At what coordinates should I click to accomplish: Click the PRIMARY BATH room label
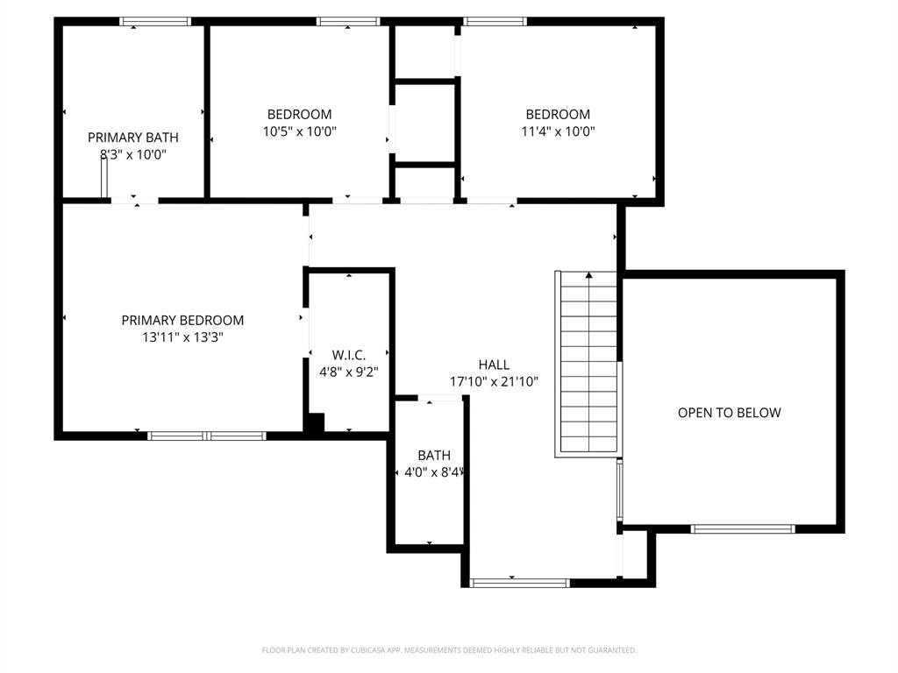coord(132,138)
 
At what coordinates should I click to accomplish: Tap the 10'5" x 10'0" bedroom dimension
coord(299,131)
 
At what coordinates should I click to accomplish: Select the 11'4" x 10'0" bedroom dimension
coord(558,131)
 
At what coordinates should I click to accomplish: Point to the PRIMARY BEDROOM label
coord(182,321)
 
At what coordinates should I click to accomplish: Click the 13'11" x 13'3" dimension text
coord(182,337)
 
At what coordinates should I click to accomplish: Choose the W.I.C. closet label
coord(348,355)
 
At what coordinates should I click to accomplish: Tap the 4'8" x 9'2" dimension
coord(348,372)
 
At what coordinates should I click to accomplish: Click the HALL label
coord(494,365)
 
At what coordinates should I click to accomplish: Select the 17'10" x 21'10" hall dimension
coord(494,382)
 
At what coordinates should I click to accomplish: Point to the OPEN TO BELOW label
coord(729,413)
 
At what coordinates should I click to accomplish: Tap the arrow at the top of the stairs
coord(588,276)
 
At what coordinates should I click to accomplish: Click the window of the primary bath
coord(155,21)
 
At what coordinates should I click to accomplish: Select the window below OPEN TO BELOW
coord(743,528)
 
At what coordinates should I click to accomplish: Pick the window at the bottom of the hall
coord(519,582)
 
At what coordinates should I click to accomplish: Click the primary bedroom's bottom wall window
coord(207,435)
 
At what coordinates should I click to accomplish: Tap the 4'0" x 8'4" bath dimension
coord(434,472)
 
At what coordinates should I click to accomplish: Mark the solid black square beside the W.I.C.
coord(314,422)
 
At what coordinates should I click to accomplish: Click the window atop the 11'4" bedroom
coord(495,21)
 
